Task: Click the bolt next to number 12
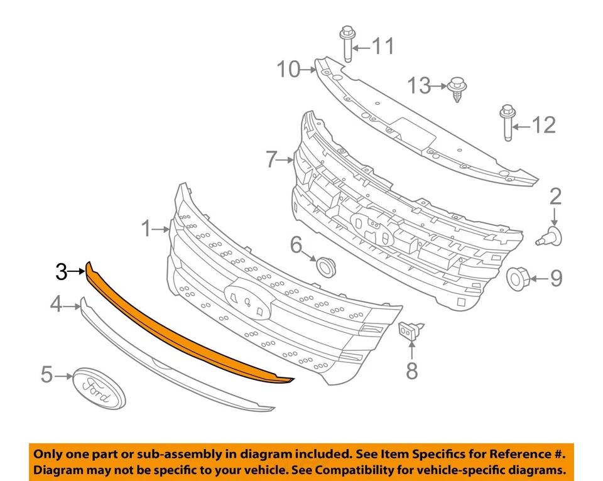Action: (506, 125)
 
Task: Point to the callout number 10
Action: (290, 69)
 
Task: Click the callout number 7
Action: (271, 160)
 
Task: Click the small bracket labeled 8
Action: (410, 331)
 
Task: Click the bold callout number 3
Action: (61, 272)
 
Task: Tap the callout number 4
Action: (57, 305)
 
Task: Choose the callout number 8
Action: (411, 371)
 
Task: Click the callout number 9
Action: (556, 278)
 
